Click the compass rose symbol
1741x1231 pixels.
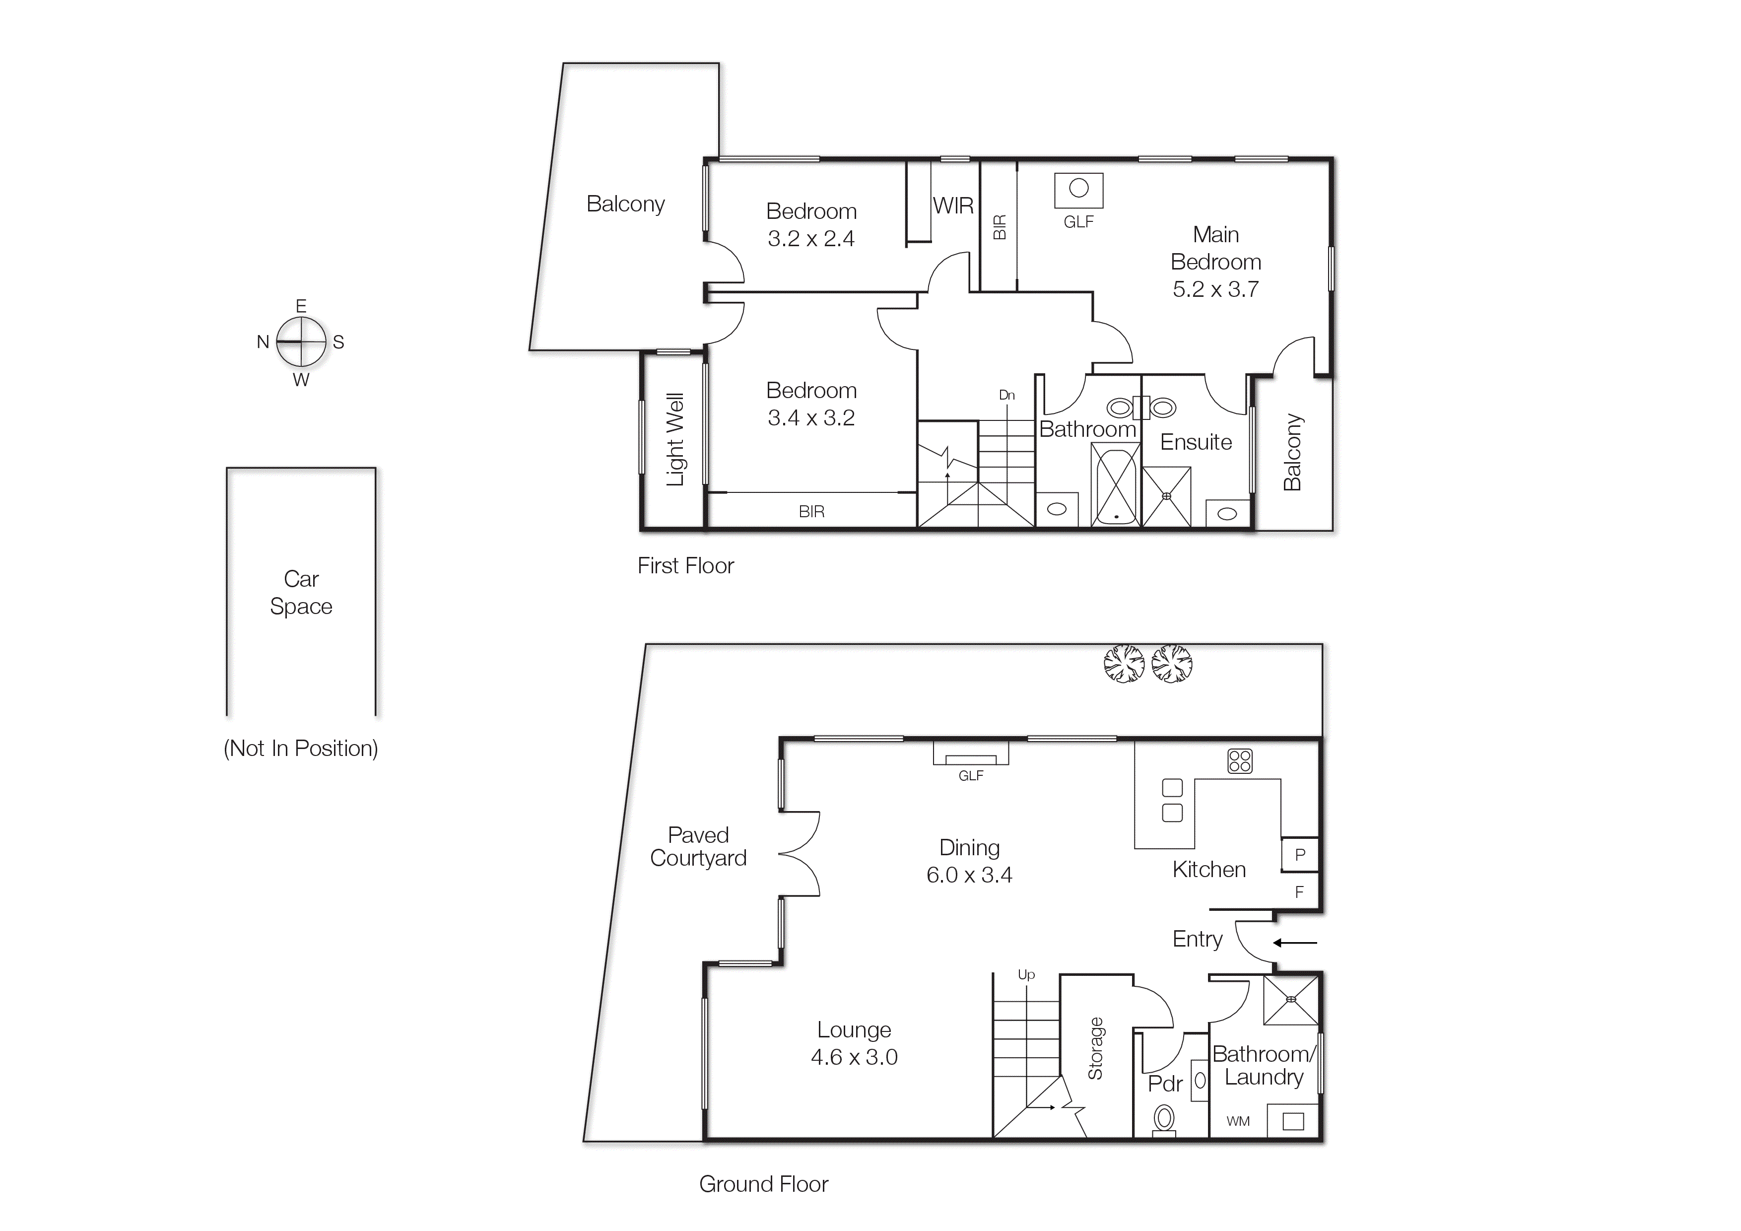pos(301,342)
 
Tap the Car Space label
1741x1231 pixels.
pos(301,592)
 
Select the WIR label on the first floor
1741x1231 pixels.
pos(953,205)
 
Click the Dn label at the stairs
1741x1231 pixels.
pos(1006,395)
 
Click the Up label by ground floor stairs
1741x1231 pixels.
pos(1026,975)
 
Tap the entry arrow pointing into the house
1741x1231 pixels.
pos(1295,943)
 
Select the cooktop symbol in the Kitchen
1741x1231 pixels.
pos(1240,761)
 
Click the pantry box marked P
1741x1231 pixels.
pos(1300,855)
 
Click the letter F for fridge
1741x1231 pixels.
pos(1299,892)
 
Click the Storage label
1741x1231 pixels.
pos(1095,1048)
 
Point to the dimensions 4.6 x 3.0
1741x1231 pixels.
pos(854,1057)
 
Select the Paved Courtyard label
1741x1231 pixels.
pos(698,846)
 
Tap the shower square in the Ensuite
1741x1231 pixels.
pos(1166,496)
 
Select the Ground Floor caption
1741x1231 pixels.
pos(764,1184)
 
